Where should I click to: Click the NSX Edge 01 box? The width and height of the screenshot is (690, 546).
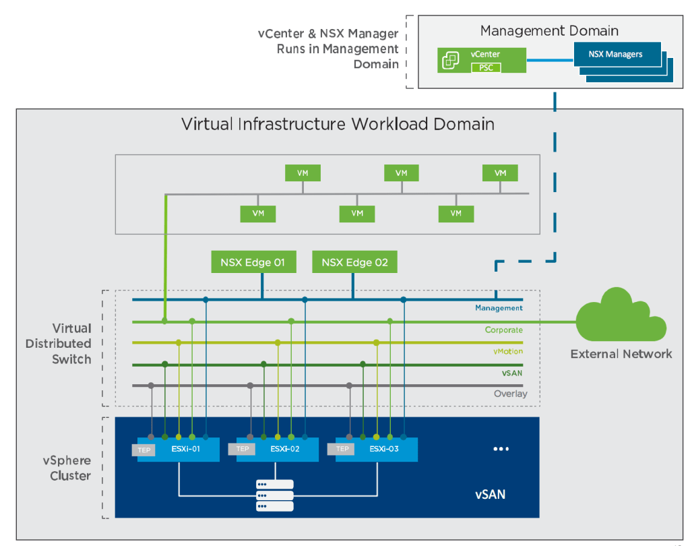tap(253, 262)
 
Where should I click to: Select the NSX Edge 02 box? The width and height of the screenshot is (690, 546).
tap(354, 262)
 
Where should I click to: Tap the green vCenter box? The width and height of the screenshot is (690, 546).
tap(481, 59)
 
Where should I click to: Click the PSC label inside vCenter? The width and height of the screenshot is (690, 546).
tap(486, 67)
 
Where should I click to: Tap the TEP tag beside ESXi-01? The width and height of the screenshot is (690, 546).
tap(144, 450)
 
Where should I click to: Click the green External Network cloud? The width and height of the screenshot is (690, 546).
tap(621, 317)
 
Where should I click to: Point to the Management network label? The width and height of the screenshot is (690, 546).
tap(499, 308)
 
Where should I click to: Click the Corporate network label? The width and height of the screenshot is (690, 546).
tap(503, 330)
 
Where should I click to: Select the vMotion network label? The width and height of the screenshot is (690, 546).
tap(507, 351)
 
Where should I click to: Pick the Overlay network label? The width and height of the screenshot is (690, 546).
tap(510, 394)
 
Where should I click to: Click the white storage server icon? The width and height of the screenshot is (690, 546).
tap(275, 495)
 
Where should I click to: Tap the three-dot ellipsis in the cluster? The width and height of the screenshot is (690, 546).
tap(501, 449)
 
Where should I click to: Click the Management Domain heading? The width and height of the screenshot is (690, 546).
tap(549, 30)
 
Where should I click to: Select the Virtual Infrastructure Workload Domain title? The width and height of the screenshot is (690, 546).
tap(338, 124)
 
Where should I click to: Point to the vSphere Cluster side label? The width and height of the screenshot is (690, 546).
tap(67, 468)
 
